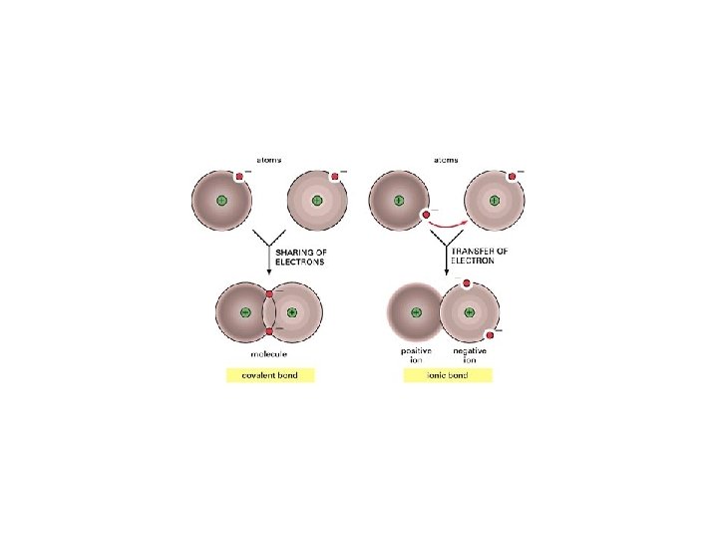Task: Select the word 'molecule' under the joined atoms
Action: (269, 353)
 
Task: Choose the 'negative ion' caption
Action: (470, 355)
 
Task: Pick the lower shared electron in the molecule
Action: (269, 330)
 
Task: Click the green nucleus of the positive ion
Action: (415, 312)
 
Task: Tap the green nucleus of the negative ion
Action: (470, 312)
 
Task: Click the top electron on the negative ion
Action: (467, 283)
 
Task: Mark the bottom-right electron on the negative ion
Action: (490, 334)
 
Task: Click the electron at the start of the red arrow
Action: (426, 213)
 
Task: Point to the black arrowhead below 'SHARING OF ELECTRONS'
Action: (269, 271)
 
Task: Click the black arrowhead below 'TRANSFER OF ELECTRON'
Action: (445, 271)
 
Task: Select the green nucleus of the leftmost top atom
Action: (221, 201)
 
